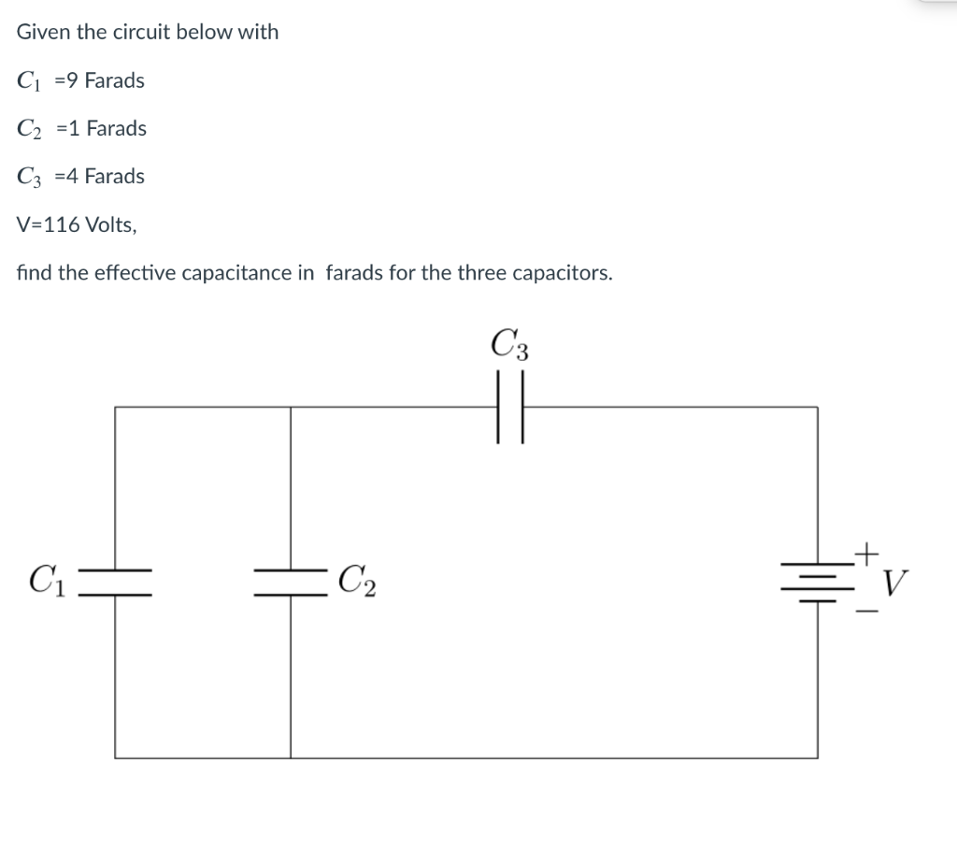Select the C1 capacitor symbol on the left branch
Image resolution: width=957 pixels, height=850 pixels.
(x=116, y=582)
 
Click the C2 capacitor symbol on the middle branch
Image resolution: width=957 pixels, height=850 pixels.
(x=291, y=582)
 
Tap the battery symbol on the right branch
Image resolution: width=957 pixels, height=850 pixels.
(x=818, y=582)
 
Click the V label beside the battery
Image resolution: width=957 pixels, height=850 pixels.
(x=893, y=585)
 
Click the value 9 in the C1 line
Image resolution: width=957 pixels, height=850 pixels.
(x=71, y=80)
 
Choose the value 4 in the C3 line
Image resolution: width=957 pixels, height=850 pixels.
(x=72, y=176)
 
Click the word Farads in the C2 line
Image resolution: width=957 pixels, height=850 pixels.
(x=116, y=128)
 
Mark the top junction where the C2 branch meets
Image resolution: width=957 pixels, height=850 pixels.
(x=291, y=408)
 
